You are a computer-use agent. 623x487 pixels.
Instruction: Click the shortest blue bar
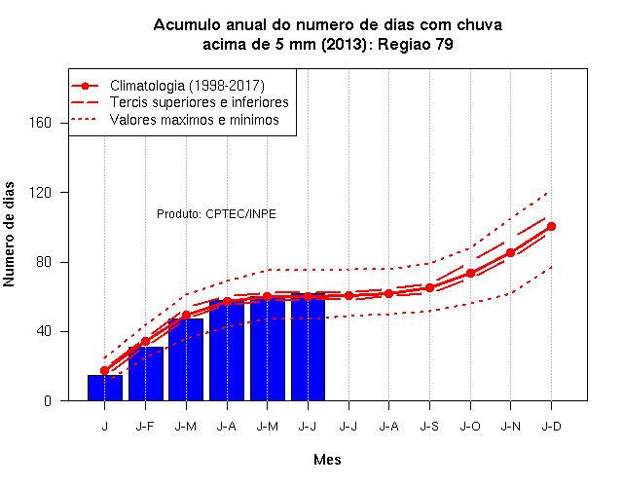pyautogui.click(x=105, y=388)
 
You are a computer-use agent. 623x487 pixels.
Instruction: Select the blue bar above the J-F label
pyautogui.click(x=146, y=374)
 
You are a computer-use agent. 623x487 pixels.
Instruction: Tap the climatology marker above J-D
pyautogui.click(x=551, y=227)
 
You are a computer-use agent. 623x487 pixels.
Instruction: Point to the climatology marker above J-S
pyautogui.click(x=429, y=288)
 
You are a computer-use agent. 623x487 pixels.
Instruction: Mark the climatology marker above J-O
pyautogui.click(x=470, y=274)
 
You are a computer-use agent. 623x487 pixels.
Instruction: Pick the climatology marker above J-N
pyautogui.click(x=510, y=253)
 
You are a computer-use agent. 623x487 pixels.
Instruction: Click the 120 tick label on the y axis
pyautogui.click(x=41, y=193)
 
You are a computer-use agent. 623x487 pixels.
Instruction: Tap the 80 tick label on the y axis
pyautogui.click(x=44, y=262)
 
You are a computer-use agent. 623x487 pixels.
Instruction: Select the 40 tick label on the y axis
pyautogui.click(x=44, y=331)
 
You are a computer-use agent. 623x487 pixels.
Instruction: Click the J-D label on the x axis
pyautogui.click(x=552, y=427)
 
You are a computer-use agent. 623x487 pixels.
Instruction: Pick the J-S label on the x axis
pyautogui.click(x=429, y=427)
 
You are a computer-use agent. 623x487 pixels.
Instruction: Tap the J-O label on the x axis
pyautogui.click(x=470, y=427)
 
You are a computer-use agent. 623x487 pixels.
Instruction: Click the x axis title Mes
pyautogui.click(x=327, y=460)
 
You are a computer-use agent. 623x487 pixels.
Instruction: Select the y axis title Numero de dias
pyautogui.click(x=9, y=234)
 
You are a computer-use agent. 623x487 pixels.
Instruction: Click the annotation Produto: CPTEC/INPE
pyautogui.click(x=216, y=214)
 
